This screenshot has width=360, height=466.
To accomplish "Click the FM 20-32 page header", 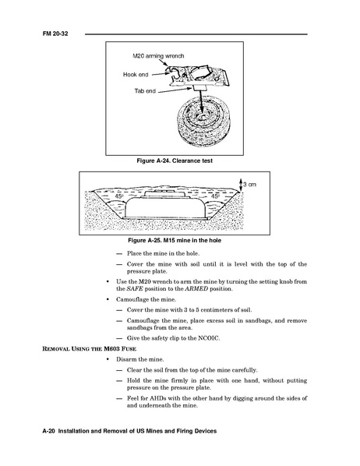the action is pos(55,34).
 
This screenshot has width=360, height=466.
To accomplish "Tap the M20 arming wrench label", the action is pos(158,56).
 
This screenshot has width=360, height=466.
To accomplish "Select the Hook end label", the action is pos(136,74).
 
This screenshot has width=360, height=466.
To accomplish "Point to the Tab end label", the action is pos(145,91).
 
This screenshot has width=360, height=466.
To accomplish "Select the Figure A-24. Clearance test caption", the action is pos(175,161).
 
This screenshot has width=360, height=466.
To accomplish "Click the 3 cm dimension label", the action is pos(249,184).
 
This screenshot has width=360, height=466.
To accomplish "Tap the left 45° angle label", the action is pos(119,196).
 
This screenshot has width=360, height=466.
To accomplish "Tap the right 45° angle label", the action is pos(215,196).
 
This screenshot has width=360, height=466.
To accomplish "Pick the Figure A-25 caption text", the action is pos(175,240).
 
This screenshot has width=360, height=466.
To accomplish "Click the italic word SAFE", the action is pos(135,289).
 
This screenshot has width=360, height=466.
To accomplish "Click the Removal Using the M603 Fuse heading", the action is pos(90,348).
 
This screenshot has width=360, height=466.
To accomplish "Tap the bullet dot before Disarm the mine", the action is pos(108,359).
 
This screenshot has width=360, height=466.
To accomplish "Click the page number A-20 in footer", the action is pos(49,431).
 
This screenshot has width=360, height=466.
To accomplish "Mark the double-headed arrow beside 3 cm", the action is pos(241,185).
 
